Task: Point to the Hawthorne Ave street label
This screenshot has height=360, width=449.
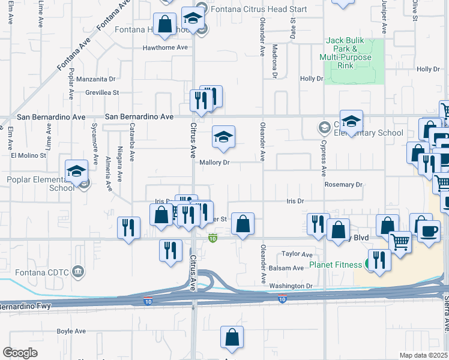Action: coord(165,47)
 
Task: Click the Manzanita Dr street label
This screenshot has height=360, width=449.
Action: coord(95,79)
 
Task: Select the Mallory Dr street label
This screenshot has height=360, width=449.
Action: coord(214,162)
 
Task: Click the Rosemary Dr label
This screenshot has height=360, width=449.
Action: coord(344,185)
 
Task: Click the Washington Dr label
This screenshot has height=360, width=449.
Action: coord(291,286)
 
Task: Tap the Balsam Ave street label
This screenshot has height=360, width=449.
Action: coord(290,268)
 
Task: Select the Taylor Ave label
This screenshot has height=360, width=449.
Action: coord(298,254)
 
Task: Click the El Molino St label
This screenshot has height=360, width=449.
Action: coord(29,155)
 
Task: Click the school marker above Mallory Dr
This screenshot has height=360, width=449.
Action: coord(223,137)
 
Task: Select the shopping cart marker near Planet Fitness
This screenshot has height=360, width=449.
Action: coord(400,242)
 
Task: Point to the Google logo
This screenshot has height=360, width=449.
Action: coord(20,352)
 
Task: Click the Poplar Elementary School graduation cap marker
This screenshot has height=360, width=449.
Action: coord(77,172)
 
